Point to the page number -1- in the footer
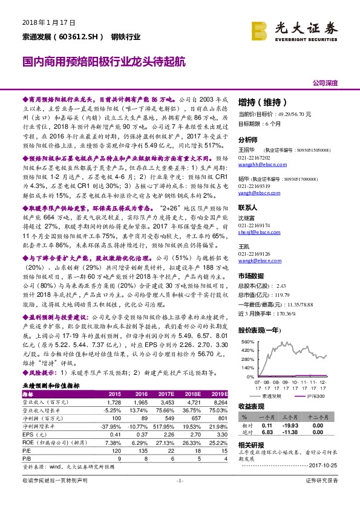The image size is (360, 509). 180,497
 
